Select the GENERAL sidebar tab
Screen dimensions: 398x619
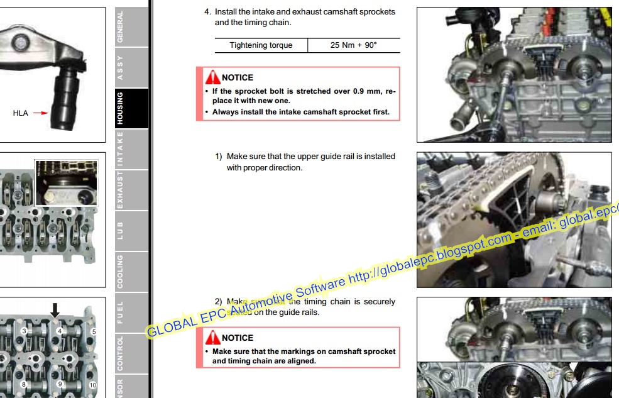click(x=120, y=26)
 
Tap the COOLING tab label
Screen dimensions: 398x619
click(x=120, y=271)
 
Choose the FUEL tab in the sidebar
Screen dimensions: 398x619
click(x=120, y=312)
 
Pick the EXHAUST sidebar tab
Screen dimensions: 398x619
click(x=120, y=189)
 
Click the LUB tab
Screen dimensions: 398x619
click(x=120, y=230)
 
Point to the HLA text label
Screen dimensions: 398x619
click(x=21, y=113)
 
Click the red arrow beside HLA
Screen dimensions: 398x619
click(x=40, y=113)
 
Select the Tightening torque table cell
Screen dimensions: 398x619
click(x=261, y=45)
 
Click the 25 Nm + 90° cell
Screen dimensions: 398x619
click(x=354, y=45)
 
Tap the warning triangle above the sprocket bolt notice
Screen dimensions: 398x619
click(x=212, y=77)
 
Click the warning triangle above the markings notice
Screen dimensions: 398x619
click(x=212, y=338)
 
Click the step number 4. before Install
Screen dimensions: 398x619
click(x=207, y=12)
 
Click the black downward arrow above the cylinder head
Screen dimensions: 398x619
click(x=55, y=309)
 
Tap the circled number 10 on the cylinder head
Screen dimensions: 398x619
click(x=93, y=385)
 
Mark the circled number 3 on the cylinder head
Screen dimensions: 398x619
click(x=24, y=331)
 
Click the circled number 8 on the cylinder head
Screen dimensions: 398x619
click(x=24, y=384)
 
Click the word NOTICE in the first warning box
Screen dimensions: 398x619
click(x=238, y=78)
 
